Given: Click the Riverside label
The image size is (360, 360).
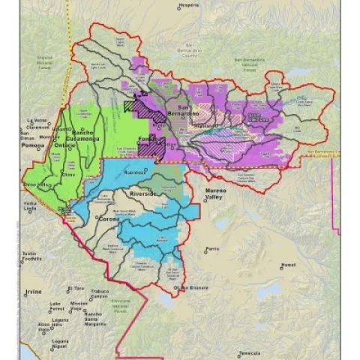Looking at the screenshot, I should click(x=144, y=193).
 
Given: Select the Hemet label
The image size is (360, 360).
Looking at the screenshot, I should click(x=288, y=265).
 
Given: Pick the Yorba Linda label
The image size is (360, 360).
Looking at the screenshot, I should click(x=30, y=206).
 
